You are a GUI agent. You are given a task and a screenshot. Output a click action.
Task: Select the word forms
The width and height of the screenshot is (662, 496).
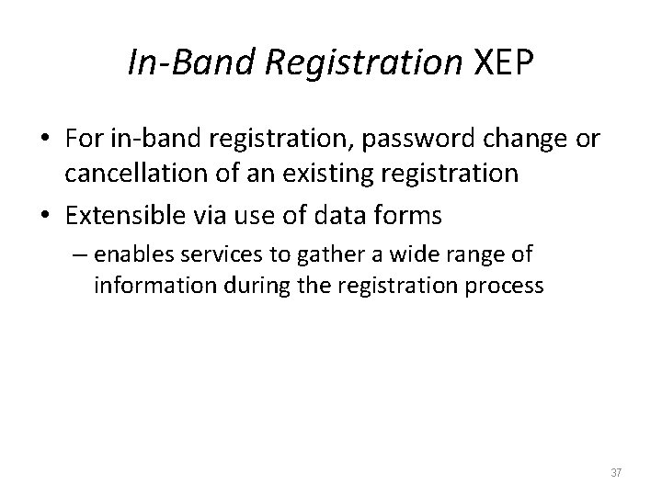(x=409, y=216)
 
